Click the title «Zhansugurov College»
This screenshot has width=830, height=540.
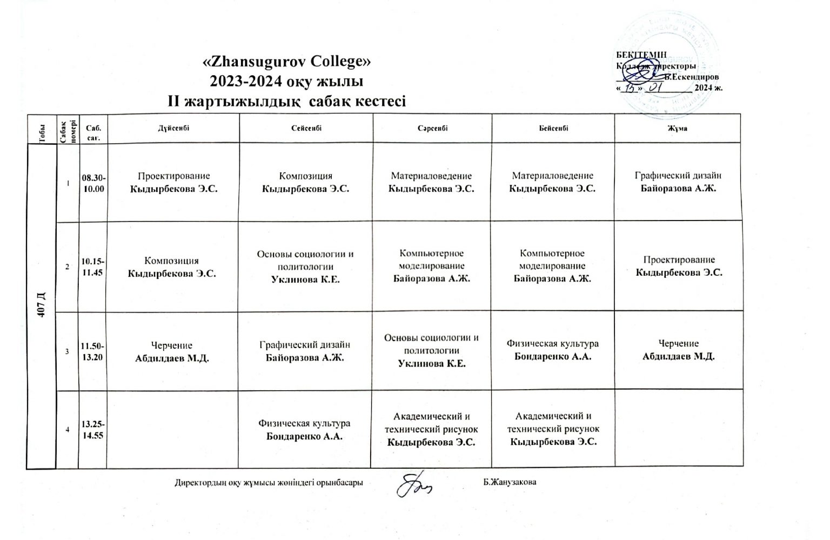[x=286, y=62]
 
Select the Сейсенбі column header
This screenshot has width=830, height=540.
[x=306, y=129]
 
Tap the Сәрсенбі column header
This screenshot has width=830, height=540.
[x=432, y=129]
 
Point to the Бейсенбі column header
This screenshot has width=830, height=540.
[x=553, y=129]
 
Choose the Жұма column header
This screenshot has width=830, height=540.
[x=679, y=129]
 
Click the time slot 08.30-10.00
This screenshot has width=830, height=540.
[x=93, y=183]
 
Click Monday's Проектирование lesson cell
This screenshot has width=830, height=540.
[x=173, y=182]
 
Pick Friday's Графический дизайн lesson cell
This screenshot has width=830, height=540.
[x=678, y=182]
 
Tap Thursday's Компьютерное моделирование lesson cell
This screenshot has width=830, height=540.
[x=552, y=266]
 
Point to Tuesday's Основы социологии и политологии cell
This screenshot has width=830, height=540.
[x=305, y=266]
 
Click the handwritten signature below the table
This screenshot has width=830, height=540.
[x=413, y=485]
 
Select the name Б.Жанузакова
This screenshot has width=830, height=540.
[x=510, y=482]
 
